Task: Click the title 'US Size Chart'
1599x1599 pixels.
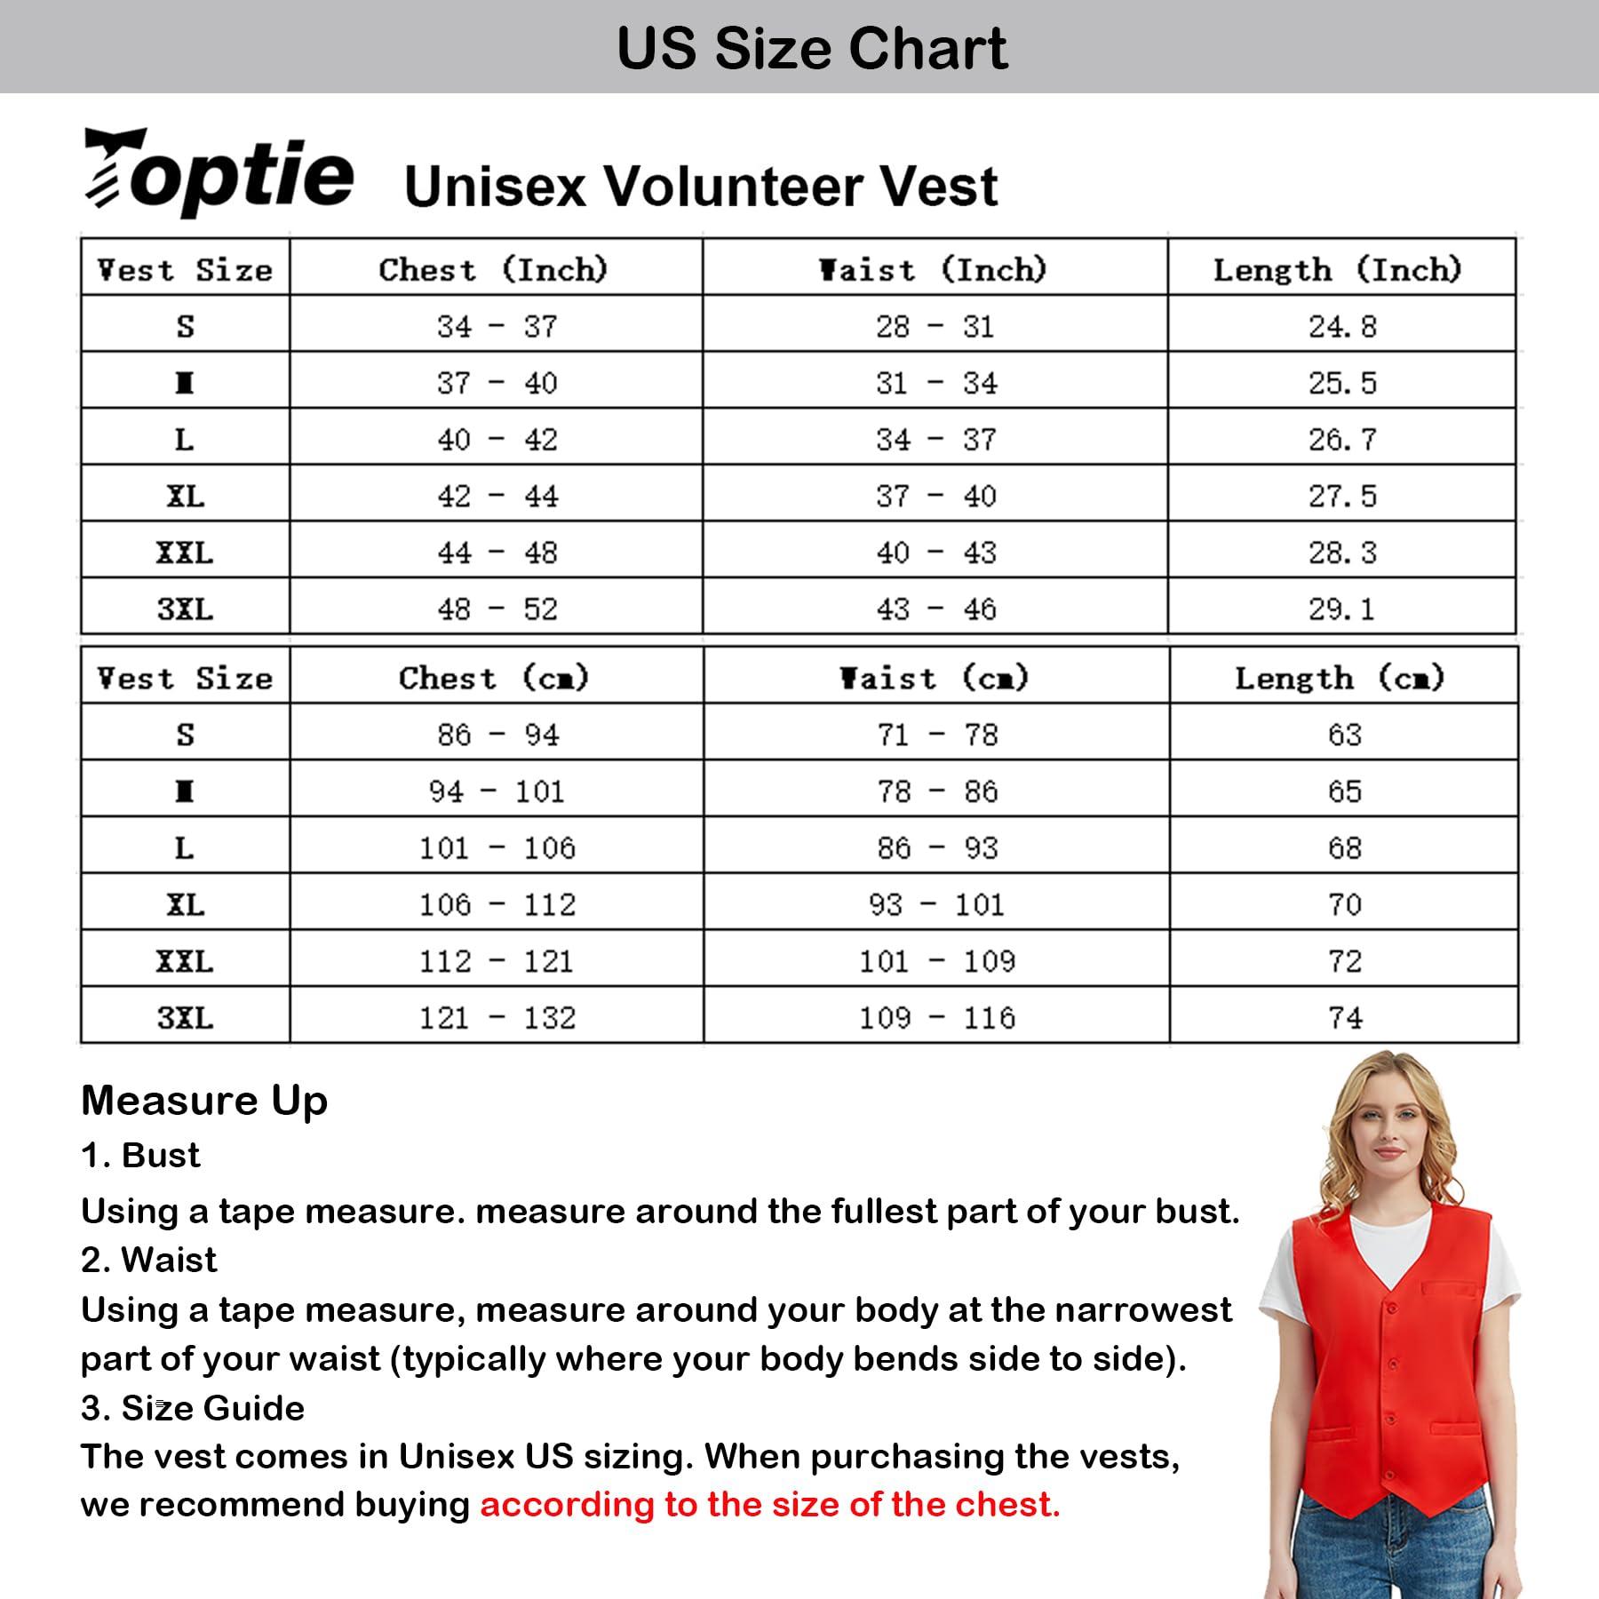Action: coord(812,48)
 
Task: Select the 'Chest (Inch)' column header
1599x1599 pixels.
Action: coord(494,269)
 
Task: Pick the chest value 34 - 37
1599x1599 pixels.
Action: coord(497,327)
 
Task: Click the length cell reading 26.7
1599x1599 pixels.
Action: coord(1342,440)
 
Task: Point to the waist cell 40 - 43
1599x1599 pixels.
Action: coord(936,553)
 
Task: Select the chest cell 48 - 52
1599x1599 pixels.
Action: coord(497,609)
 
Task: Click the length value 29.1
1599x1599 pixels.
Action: coord(1341,609)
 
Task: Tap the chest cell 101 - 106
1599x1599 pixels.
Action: coord(497,848)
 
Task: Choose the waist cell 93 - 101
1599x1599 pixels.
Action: coord(936,905)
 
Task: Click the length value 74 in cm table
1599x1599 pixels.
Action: coord(1345,1018)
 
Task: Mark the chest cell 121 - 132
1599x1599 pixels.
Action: coord(497,1018)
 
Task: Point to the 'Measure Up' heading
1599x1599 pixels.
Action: coord(204,1101)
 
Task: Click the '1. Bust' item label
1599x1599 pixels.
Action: coord(140,1156)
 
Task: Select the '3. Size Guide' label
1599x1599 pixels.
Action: coord(192,1408)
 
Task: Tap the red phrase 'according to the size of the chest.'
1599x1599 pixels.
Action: coord(770,1505)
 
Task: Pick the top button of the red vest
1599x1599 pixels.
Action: coord(1392,1307)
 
